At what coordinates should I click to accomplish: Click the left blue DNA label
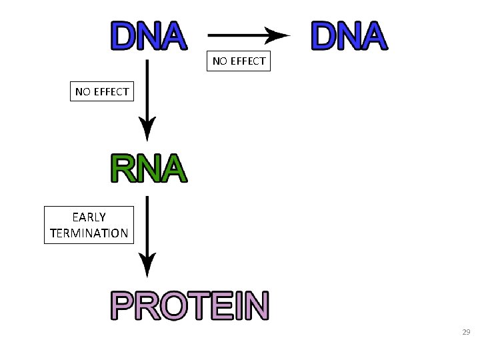pos(148,37)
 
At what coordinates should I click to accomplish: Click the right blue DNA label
pos(348,37)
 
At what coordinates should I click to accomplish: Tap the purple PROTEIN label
pos(190,306)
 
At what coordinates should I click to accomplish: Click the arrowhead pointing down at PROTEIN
pos(147,265)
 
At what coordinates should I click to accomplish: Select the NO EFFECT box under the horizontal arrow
pos(239,61)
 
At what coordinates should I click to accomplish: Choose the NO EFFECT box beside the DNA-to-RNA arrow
pos(102,91)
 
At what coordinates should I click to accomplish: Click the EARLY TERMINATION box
pos(89,225)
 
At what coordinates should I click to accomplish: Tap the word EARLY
pos(89,217)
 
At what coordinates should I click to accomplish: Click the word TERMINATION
pos(89,233)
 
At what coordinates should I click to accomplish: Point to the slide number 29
pos(466,331)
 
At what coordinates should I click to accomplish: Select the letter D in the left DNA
pos(124,37)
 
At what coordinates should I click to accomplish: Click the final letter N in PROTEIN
pos(257,306)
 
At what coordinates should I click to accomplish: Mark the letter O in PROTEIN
pos(171,306)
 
